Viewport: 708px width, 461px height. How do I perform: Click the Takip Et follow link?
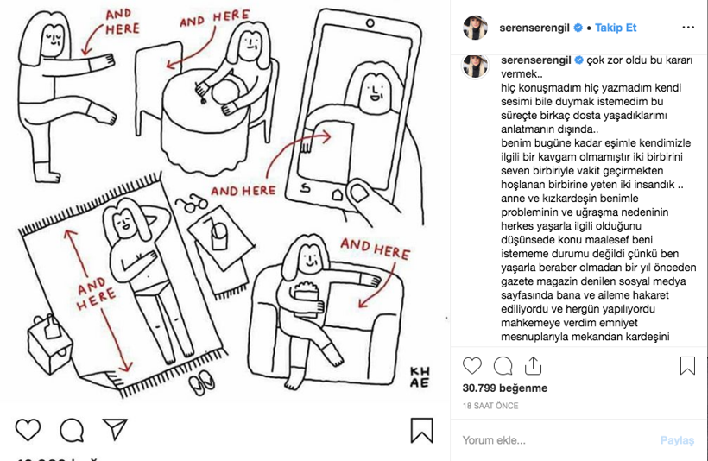coord(616,28)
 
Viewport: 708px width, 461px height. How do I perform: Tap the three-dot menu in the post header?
coord(688,28)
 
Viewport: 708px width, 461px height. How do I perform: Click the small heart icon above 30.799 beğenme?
coord(472,365)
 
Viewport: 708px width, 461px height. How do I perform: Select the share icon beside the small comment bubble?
coord(533,365)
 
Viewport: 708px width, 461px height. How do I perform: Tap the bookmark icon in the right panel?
coord(687,365)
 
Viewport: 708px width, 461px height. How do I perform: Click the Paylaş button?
coord(677,440)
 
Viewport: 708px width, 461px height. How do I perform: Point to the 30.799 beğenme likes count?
coord(505,388)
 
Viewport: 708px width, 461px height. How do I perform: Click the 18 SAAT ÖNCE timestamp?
coord(490,406)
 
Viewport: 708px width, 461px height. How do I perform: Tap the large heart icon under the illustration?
coord(28,429)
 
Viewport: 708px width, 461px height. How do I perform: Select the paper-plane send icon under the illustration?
coord(115,429)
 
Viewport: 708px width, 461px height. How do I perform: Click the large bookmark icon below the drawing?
coord(421,430)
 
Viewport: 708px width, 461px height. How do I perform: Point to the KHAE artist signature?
coord(420,377)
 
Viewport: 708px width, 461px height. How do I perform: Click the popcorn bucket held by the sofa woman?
coord(307,298)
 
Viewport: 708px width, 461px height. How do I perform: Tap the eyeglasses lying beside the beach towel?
coord(192,203)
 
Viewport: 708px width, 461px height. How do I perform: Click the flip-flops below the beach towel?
coord(202,382)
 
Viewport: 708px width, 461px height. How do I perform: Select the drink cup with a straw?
coord(219,234)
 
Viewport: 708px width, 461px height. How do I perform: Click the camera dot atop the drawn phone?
coord(370,23)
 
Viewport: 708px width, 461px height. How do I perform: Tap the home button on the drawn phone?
coord(338,194)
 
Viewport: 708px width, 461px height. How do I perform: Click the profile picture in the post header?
coord(476,28)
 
